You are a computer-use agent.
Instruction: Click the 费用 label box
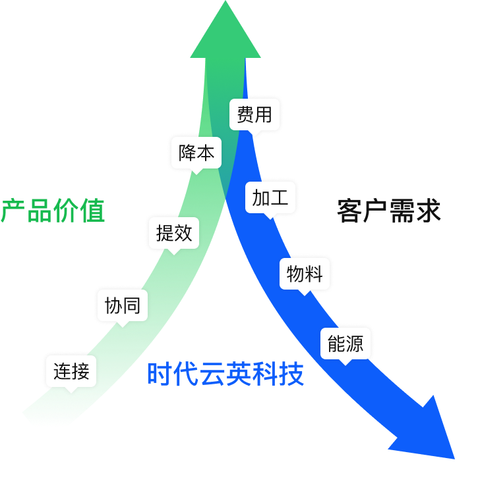coord(254,115)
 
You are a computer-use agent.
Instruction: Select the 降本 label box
coord(196,153)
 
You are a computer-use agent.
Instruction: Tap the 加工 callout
coord(270,197)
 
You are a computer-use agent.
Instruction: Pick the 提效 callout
coord(174,232)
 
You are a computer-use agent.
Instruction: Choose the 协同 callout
coord(123,305)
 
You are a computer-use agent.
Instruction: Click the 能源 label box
coord(345,343)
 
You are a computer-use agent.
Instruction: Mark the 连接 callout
coord(71,371)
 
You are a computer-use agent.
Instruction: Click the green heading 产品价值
coord(53,211)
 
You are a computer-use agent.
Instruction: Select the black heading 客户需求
coord(388,211)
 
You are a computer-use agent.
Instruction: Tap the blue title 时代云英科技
coord(225,374)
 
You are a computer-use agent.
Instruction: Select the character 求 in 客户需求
coord(428,211)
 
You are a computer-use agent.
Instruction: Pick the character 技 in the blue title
coord(291,374)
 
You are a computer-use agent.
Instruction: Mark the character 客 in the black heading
coord(349,211)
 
